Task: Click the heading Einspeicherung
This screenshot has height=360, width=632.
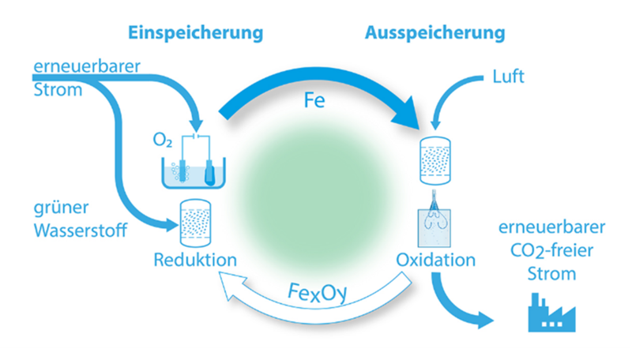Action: pos(195,34)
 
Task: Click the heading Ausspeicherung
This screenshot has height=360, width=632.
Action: pos(435,34)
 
